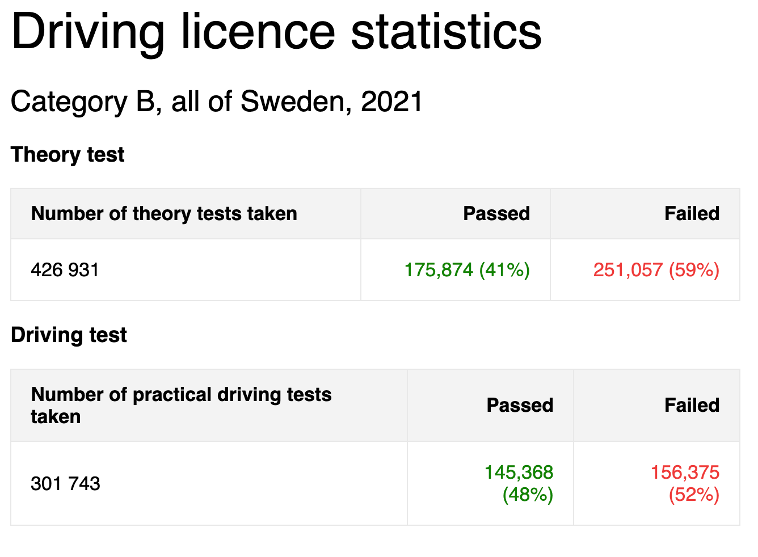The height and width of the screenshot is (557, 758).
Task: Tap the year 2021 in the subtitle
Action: pos(391,101)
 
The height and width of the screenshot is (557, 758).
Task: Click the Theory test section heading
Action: pos(68,155)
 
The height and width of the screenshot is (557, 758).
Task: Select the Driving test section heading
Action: pos(69,335)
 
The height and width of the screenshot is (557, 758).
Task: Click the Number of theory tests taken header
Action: pos(164,214)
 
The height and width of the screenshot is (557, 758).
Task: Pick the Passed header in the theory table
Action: pos(496,213)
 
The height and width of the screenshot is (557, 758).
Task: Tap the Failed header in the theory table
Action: pos(692,213)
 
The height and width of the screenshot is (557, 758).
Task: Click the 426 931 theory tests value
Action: pos(65,270)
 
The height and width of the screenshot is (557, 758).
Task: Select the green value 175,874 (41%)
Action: pos(467,271)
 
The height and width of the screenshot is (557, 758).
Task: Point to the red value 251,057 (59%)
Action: pos(656,271)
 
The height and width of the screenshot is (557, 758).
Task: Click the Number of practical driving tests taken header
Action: pos(182,406)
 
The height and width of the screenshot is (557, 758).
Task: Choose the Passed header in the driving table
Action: pos(520,406)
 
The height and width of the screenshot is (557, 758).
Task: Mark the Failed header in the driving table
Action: pos(692,406)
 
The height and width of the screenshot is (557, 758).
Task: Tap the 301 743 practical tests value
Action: pos(65,484)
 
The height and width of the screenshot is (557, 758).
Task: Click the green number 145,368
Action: pos(519,472)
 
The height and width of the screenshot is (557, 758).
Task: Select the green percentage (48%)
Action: pos(528,495)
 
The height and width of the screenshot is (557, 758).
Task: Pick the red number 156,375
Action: pos(685,472)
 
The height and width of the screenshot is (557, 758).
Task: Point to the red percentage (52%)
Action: pos(694,495)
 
